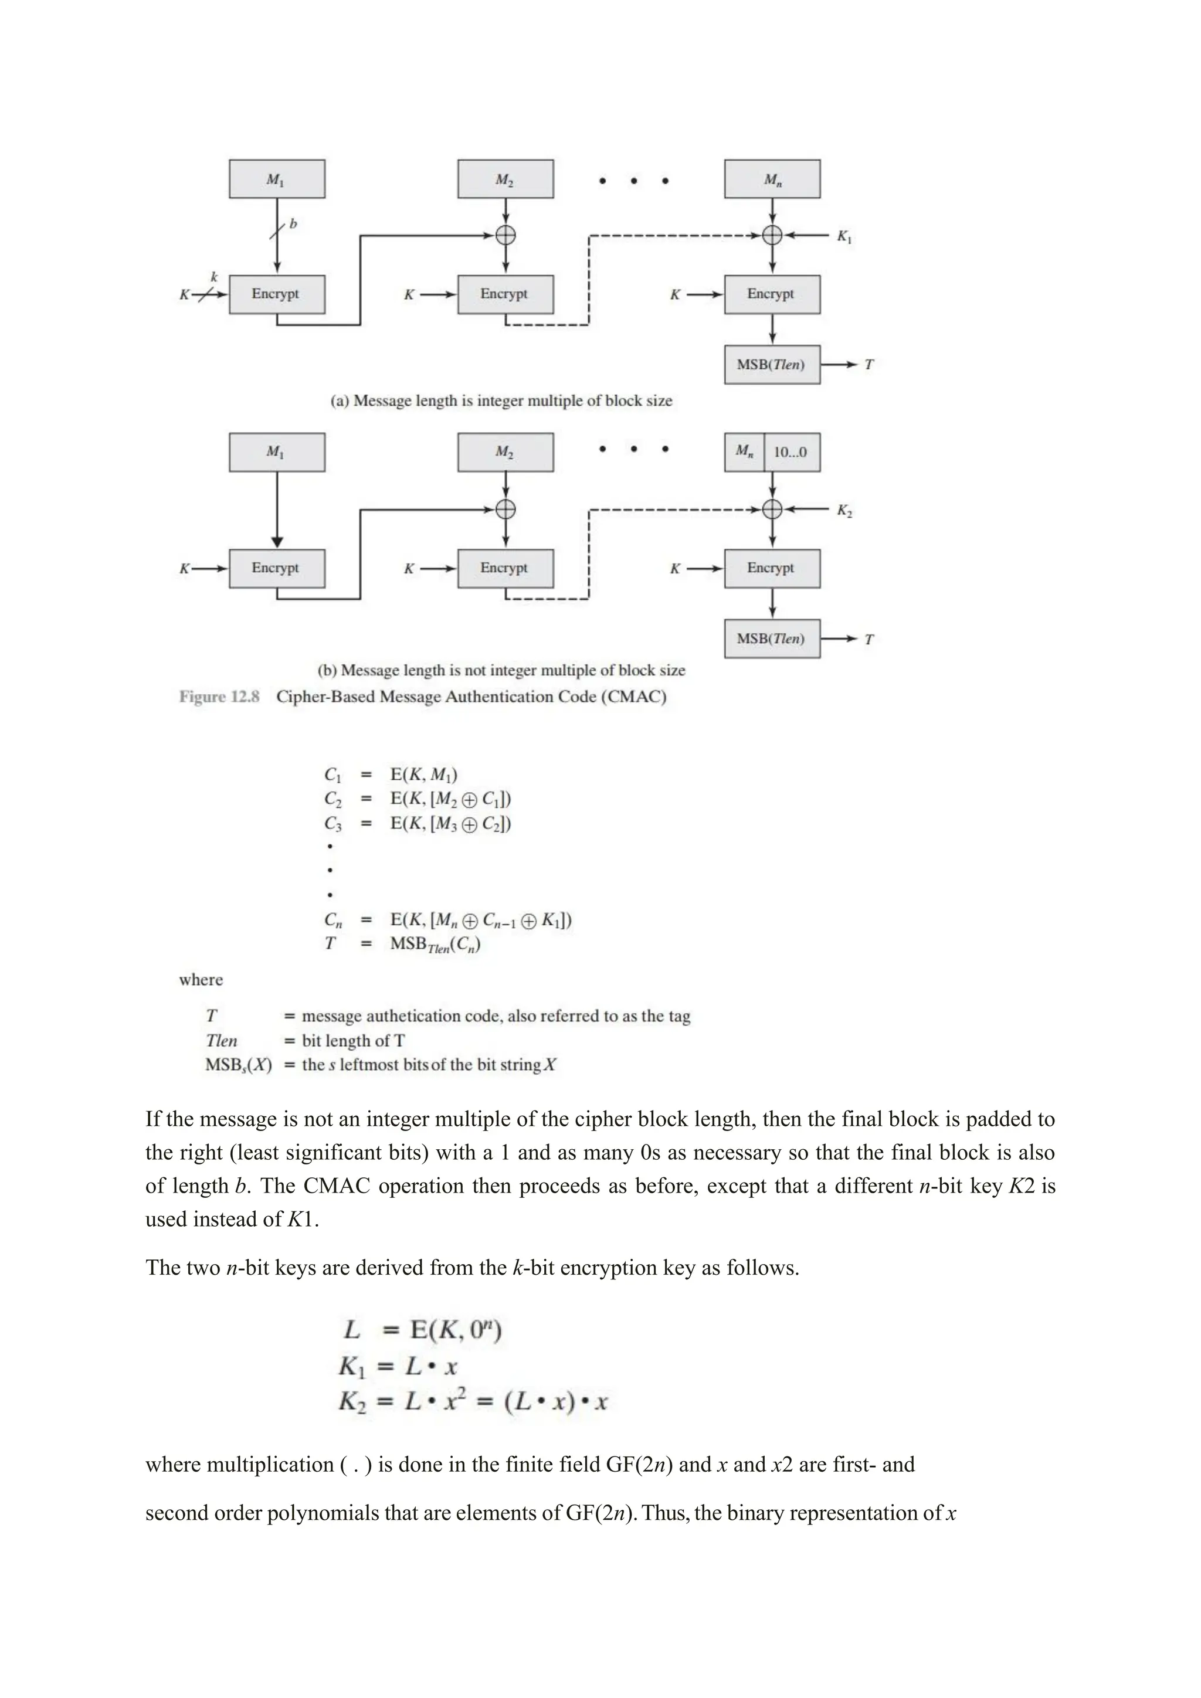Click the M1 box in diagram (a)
pos(277,179)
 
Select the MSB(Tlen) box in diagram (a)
pos(771,365)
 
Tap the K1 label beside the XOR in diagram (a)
pos(844,237)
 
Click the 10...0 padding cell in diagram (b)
pos(791,453)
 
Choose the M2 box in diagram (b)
pos(505,453)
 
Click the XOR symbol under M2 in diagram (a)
pos(505,236)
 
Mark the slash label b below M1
pos(293,223)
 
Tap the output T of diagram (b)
pos(869,639)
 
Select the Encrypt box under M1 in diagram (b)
pos(277,568)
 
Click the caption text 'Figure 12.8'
pos(219,697)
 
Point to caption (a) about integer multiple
pos(501,401)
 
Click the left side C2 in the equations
pos(333,799)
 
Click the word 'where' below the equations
pos(201,980)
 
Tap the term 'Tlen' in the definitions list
pos(221,1041)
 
